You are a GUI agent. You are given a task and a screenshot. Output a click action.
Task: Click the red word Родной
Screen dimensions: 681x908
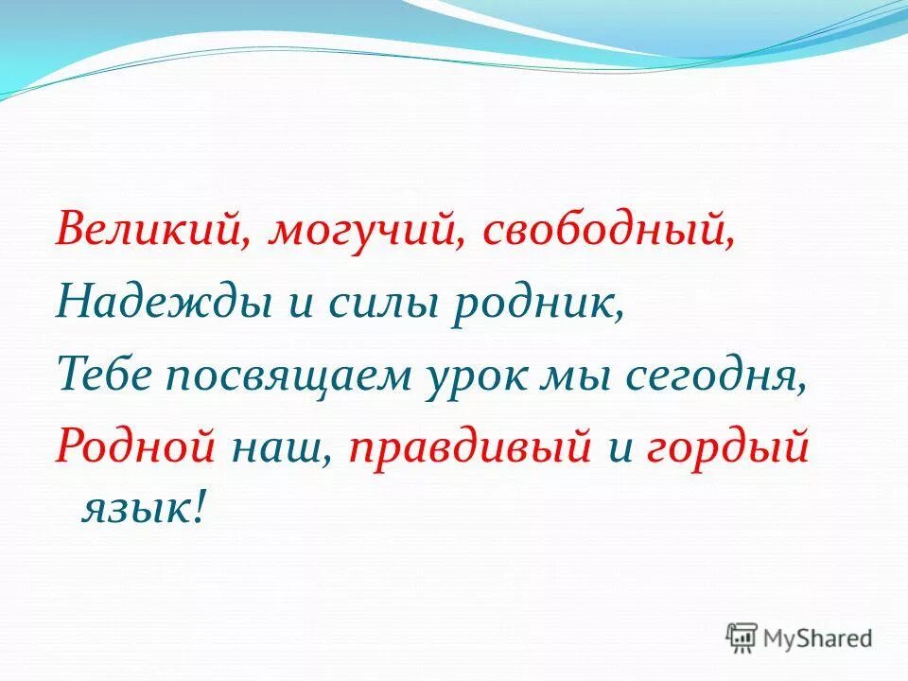[136, 445]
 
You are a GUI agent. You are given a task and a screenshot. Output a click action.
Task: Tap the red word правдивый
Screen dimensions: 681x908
[468, 445]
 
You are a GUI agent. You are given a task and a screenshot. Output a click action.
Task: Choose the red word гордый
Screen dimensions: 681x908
[728, 445]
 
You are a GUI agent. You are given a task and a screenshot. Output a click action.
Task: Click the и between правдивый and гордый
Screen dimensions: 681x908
[620, 445]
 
